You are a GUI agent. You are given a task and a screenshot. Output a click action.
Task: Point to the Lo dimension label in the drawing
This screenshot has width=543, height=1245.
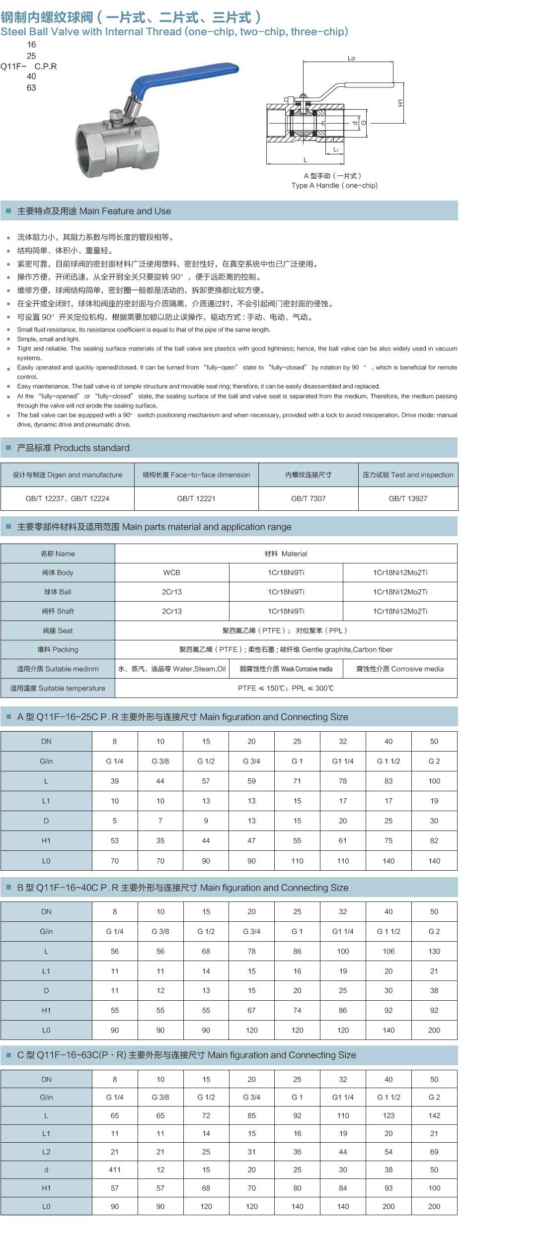(x=351, y=58)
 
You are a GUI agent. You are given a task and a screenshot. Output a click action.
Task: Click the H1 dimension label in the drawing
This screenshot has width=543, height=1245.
(x=400, y=103)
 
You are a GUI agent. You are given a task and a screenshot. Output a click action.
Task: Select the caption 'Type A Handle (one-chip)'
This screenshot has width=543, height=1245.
(x=334, y=186)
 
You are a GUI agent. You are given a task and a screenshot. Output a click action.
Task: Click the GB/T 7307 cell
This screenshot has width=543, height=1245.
(x=308, y=498)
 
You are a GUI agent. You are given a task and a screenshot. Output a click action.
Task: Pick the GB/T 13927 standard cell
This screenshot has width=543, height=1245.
(x=408, y=498)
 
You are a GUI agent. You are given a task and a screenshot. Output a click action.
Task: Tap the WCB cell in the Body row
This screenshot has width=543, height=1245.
(x=172, y=572)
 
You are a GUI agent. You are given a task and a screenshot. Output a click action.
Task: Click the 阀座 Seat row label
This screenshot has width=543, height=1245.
(x=58, y=630)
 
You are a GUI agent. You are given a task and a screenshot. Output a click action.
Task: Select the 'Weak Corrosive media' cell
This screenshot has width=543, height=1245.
(x=286, y=669)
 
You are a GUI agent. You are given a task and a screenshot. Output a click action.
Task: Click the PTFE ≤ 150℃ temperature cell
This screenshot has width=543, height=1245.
(x=286, y=688)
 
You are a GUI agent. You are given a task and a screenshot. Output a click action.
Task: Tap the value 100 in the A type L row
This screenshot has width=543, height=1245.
(x=434, y=781)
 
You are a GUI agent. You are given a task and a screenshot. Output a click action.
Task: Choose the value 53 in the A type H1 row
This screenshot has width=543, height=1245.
(x=115, y=840)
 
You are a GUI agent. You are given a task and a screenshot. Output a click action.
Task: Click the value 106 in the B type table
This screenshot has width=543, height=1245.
(x=388, y=951)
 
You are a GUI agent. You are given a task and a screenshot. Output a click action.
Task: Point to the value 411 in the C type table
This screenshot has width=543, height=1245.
(x=115, y=1170)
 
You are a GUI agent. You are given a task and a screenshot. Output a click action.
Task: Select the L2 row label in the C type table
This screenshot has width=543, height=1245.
(x=46, y=1152)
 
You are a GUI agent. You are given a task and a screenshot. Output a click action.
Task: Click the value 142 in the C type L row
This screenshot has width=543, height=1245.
(x=434, y=1115)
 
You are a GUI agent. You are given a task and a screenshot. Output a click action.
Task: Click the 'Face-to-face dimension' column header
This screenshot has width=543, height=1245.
(x=196, y=475)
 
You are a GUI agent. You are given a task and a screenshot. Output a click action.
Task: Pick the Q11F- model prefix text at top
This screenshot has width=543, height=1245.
(x=13, y=67)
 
